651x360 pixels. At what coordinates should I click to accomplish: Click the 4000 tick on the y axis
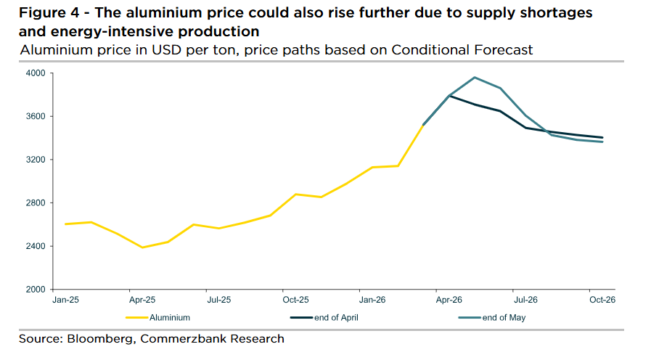36,73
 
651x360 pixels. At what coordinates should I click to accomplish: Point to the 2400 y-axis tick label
36,246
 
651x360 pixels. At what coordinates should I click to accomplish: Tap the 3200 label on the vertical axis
36,160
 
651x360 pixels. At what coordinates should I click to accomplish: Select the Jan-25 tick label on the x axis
65,299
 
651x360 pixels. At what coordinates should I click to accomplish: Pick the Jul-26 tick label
525,299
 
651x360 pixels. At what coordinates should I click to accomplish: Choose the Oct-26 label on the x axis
602,299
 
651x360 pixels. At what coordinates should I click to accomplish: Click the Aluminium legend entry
169,317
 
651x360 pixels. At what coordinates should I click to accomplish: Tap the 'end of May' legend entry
502,317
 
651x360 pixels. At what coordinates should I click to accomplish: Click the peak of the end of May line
475,78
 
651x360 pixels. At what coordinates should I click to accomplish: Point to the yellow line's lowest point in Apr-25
142,247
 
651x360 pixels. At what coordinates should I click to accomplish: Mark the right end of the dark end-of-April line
602,137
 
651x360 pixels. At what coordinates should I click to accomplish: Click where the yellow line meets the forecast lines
423,125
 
